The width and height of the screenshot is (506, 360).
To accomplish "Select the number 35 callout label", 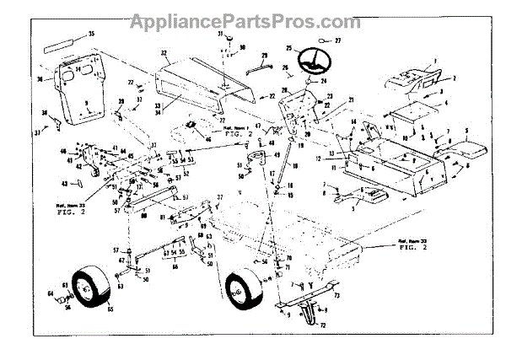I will pyautogui.click(x=92, y=33).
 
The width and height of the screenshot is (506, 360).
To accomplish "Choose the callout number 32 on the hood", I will pyautogui.click(x=165, y=52).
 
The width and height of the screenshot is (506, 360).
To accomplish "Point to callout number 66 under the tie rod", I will pyautogui.click(x=175, y=269).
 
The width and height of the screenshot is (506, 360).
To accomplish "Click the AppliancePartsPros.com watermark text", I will pyautogui.click(x=252, y=19).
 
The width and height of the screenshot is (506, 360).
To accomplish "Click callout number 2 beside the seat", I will pyautogui.click(x=453, y=78).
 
